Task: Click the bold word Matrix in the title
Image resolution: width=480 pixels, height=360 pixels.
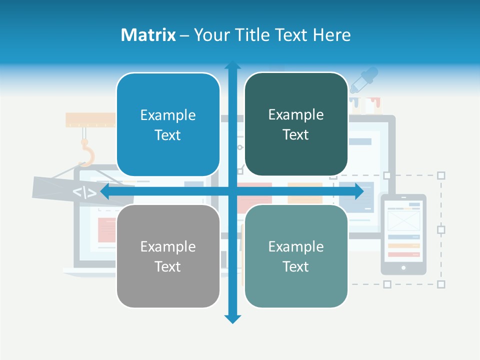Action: pyautogui.click(x=148, y=35)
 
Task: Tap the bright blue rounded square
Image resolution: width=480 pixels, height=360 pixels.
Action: pyautogui.click(x=168, y=125)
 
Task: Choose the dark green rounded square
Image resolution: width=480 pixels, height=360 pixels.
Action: pyautogui.click(x=296, y=124)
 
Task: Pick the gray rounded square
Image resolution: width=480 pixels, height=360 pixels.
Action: pyautogui.click(x=168, y=256)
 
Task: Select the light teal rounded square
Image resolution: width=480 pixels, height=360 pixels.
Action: pyautogui.click(x=296, y=256)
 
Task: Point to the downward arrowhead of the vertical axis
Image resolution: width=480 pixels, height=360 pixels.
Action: pyautogui.click(x=232, y=318)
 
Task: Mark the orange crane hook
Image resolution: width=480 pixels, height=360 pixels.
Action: pyautogui.click(x=87, y=152)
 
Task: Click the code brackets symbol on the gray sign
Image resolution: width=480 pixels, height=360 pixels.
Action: pyautogui.click(x=84, y=192)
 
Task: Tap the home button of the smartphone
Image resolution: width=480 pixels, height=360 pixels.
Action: pyautogui.click(x=403, y=267)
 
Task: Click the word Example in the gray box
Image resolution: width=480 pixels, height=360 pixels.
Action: pyautogui.click(x=168, y=246)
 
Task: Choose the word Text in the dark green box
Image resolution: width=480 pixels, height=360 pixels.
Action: pyautogui.click(x=296, y=135)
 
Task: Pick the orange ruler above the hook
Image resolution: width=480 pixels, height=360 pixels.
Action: pyautogui.click(x=90, y=119)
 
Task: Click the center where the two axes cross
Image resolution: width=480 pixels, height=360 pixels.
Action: pyautogui.click(x=232, y=191)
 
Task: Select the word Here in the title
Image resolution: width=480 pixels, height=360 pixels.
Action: pyautogui.click(x=332, y=35)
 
